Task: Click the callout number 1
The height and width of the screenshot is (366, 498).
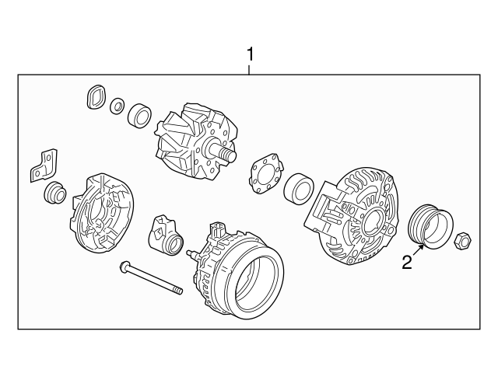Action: (x=250, y=54)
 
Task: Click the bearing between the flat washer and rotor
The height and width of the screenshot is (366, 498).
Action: (x=140, y=113)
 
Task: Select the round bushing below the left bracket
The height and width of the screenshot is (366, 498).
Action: (x=56, y=193)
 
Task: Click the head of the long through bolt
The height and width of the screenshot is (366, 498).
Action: (x=124, y=268)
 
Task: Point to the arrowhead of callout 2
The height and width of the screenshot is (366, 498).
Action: (x=424, y=246)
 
